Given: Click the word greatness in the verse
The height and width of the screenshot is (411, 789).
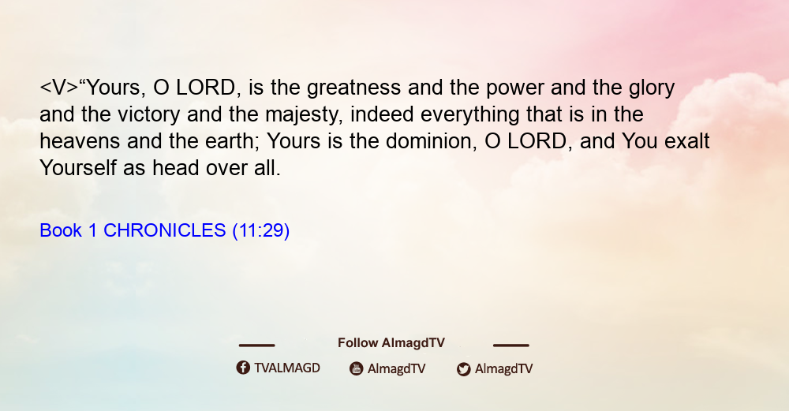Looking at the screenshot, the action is (353, 88).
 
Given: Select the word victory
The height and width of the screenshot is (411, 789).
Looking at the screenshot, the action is (148, 115).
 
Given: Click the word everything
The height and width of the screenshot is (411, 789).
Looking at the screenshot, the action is (469, 115).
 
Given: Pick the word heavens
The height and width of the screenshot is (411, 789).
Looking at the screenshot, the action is (80, 142).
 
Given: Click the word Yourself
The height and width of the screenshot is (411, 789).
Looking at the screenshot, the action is (78, 168).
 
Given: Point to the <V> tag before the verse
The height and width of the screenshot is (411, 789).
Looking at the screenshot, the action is (59, 88).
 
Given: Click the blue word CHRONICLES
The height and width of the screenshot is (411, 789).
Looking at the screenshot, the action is (165, 230).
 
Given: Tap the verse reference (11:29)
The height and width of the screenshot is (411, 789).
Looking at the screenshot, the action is (260, 231).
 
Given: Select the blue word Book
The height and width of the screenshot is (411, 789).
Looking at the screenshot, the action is (61, 230).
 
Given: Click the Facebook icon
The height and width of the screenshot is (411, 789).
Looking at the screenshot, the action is (243, 368).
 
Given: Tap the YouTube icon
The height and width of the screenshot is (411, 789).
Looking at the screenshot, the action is (357, 368).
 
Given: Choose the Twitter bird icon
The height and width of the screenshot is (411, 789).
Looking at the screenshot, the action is (463, 369).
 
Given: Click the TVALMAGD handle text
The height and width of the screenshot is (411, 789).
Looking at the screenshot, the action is (287, 368).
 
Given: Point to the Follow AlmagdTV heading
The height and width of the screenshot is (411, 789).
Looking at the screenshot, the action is (391, 343).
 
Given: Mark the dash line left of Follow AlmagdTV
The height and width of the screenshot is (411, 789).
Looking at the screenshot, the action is (256, 346).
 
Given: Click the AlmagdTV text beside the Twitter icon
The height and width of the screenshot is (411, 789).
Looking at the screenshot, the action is (503, 369).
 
